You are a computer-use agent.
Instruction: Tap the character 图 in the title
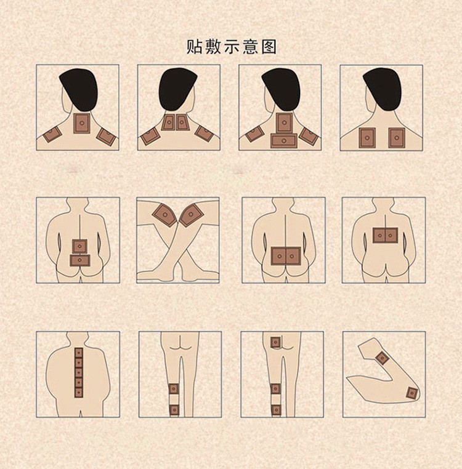(269, 47)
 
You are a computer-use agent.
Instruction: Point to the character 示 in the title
(232, 47)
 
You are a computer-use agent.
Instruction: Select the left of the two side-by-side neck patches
(168, 122)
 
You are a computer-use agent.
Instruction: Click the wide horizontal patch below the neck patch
(284, 140)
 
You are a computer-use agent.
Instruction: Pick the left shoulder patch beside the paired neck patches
(150, 136)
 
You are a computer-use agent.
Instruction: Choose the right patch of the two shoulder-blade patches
(396, 138)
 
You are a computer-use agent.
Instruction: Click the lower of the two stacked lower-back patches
(79, 260)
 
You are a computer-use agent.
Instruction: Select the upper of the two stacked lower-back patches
(79, 246)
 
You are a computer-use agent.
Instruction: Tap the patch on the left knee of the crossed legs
(164, 214)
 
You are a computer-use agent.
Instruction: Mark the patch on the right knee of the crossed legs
(191, 214)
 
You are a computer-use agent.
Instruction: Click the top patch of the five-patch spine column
(78, 352)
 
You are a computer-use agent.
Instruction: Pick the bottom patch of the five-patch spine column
(78, 392)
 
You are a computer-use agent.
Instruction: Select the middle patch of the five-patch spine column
(78, 372)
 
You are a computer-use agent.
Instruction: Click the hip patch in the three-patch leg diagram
(275, 342)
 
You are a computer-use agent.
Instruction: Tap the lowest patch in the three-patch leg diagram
(276, 409)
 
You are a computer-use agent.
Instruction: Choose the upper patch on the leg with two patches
(174, 389)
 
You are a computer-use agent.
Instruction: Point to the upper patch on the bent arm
(383, 358)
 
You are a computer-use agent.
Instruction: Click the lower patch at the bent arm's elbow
(412, 392)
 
